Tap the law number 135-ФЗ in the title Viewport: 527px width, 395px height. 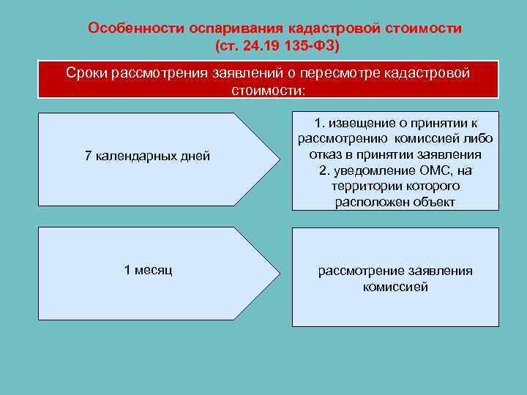click(305, 46)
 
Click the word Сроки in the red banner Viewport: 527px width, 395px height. click(86, 73)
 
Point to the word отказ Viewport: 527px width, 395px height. click(326, 154)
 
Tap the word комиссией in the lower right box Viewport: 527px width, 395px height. click(395, 287)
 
